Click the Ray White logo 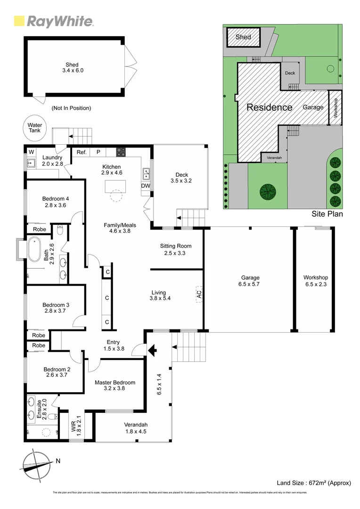pyautogui.click(x=54, y=21)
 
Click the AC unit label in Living pyautogui.click(x=199, y=293)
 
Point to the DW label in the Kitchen pyautogui.click(x=146, y=186)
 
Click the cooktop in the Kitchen pyautogui.click(x=121, y=152)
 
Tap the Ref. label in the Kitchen pyautogui.click(x=82, y=152)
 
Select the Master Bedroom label pyautogui.click(x=115, y=382)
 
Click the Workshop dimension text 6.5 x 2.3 pyautogui.click(x=316, y=284)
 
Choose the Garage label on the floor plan pyautogui.click(x=249, y=278)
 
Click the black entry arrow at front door pyautogui.click(x=152, y=351)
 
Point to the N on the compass pyautogui.click(x=57, y=461)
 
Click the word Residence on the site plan pyautogui.click(x=270, y=107)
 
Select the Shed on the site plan pyautogui.click(x=243, y=37)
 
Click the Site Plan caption pyautogui.click(x=327, y=214)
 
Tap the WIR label pyautogui.click(x=73, y=424)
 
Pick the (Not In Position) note pyautogui.click(x=71, y=108)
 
